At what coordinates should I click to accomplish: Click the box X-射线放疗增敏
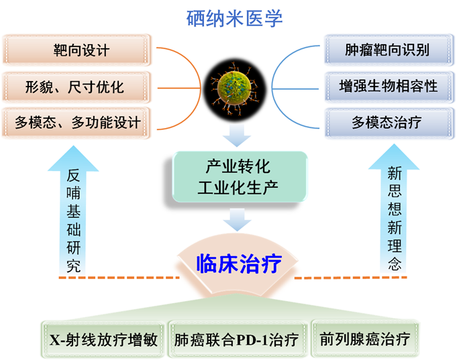(x=103, y=339)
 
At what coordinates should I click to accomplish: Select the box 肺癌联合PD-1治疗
(x=236, y=339)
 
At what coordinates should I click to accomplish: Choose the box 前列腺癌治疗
(x=365, y=339)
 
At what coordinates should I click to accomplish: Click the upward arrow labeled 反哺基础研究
(x=73, y=215)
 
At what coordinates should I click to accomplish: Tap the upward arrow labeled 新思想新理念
(x=395, y=215)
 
